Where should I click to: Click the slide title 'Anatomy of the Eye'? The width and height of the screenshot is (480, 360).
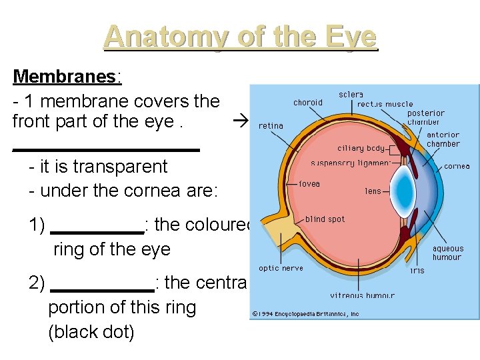coord(240,37)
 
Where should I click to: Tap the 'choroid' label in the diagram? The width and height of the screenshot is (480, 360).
coord(307,103)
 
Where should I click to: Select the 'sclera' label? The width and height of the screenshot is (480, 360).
coord(351,95)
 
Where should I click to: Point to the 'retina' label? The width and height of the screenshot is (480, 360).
coord(271,125)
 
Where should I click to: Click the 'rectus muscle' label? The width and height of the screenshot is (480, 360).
coord(385,104)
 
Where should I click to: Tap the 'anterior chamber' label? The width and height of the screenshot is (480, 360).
coord(443,139)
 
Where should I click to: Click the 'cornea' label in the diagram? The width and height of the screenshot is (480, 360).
coord(457,166)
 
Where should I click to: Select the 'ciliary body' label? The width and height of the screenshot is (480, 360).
coord(361,149)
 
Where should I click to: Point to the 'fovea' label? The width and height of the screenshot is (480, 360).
coord(309,183)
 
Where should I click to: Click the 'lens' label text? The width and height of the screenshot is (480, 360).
coord(373,191)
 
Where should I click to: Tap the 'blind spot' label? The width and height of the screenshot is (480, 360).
coord(325,219)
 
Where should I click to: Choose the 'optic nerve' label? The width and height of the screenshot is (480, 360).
coord(281,268)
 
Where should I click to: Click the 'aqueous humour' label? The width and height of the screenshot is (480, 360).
coord(447,253)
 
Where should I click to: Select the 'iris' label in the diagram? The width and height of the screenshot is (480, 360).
coord(417,270)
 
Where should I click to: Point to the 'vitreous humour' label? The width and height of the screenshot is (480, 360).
coord(362,295)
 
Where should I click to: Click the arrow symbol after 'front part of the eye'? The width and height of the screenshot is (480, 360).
coord(241,122)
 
